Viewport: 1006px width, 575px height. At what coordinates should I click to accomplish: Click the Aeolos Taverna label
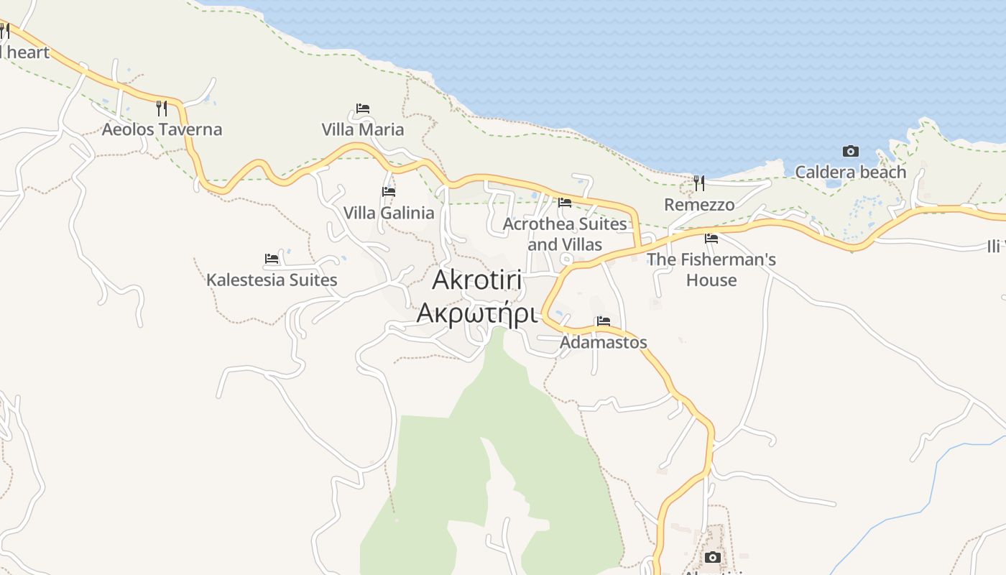coord(162,129)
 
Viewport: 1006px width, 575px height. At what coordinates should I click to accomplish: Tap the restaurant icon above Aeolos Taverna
coord(162,109)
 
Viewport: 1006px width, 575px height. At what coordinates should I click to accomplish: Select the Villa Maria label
coord(362,129)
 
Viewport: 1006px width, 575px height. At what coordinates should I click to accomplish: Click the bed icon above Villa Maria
coord(363,109)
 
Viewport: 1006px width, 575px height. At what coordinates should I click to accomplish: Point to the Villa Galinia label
coord(389,213)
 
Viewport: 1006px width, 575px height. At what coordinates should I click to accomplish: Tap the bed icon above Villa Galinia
coord(389,192)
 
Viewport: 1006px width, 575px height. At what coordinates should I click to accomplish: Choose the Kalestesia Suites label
coord(272,280)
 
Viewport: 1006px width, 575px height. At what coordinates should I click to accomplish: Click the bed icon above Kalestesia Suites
coord(272,259)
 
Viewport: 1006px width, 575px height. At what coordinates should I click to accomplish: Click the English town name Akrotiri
coord(478,281)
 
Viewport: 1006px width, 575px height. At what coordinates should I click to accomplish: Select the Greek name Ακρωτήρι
coord(478,313)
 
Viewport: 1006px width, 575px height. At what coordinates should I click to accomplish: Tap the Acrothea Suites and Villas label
coord(565,234)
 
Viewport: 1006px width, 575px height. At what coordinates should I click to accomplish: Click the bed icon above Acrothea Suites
coord(565,203)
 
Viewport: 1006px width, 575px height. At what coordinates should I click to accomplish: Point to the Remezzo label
coord(699,205)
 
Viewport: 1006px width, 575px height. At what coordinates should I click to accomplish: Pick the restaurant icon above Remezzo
coord(699,183)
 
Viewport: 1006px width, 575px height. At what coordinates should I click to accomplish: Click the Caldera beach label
coord(850,172)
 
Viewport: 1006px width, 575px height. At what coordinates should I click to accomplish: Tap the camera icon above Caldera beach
coord(851,151)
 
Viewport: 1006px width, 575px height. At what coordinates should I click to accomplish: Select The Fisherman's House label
coord(711,270)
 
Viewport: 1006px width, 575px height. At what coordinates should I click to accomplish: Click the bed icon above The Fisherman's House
coord(711,238)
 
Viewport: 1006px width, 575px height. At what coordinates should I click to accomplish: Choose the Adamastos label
coord(604,342)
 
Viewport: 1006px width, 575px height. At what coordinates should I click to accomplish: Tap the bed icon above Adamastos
coord(603,321)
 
